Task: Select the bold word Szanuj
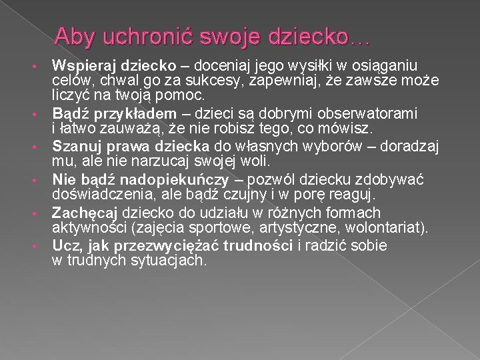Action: click(75, 146)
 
